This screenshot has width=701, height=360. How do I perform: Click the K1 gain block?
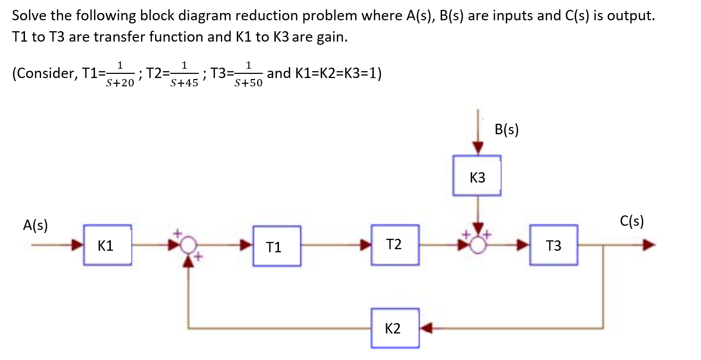point(107,245)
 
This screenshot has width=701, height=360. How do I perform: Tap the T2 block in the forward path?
point(395,245)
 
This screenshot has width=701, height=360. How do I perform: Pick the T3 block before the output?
point(554,245)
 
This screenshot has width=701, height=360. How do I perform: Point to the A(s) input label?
point(35,225)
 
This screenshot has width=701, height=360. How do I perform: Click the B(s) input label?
point(507,130)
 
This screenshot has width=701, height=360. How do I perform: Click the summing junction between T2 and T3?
point(476,245)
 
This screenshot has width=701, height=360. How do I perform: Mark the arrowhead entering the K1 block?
point(78,245)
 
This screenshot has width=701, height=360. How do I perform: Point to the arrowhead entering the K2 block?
point(426,328)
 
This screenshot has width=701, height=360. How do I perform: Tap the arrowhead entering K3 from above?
point(477,149)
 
